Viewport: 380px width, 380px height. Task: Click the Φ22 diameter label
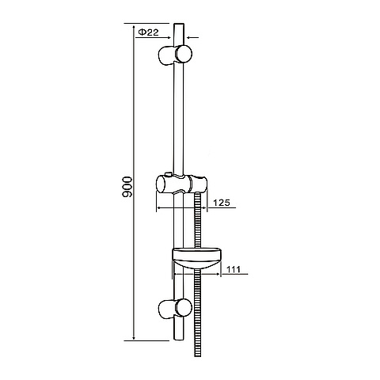coord(149,32)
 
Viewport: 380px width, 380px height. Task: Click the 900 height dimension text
coord(127,187)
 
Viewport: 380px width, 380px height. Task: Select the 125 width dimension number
coord(222,203)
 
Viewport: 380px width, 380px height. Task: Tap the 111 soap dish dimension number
coord(234,269)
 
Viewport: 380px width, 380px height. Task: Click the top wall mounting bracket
coord(175,55)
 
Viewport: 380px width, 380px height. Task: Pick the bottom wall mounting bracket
coord(175,309)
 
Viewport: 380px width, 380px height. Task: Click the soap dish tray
coord(196,259)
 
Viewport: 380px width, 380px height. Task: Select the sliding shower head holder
coord(182,184)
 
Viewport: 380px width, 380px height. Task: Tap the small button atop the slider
coord(168,174)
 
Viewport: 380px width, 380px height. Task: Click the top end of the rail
coord(179,24)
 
